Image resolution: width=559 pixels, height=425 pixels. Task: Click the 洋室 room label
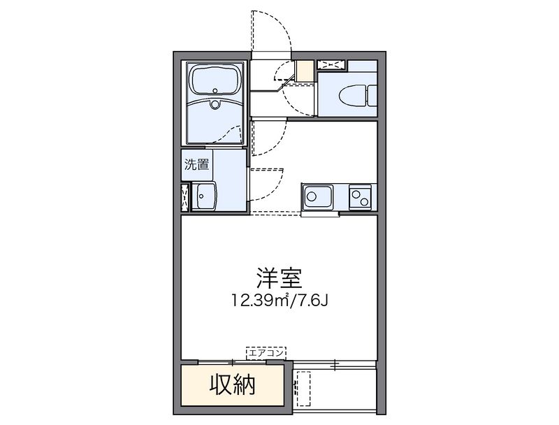pyautogui.click(x=279, y=278)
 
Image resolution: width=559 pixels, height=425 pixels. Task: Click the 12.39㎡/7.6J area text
pyautogui.click(x=280, y=300)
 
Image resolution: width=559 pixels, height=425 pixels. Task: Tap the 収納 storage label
pyautogui.click(x=232, y=385)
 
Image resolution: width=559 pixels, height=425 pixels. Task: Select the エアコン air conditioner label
pyautogui.click(x=266, y=353)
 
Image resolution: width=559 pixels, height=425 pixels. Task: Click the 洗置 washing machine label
pyautogui.click(x=196, y=165)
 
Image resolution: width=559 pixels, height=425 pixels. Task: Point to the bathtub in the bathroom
pyautogui.click(x=215, y=82)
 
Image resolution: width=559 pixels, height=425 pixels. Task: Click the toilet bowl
pyautogui.click(x=352, y=95)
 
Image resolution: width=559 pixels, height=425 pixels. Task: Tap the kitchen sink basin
pyautogui.click(x=317, y=196)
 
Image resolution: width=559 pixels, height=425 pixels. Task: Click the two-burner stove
pyautogui.click(x=360, y=197)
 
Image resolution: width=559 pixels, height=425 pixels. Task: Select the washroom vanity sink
pyautogui.click(x=203, y=196)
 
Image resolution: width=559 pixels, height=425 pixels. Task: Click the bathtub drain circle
pyautogui.click(x=215, y=90)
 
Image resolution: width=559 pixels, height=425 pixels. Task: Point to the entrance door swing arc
pyautogui.click(x=282, y=23)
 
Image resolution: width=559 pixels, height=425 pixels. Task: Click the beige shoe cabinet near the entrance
pyautogui.click(x=305, y=71)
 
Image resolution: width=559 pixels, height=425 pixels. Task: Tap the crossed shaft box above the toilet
pyautogui.click(x=331, y=65)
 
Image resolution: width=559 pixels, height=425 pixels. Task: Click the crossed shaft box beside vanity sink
pyautogui.click(x=185, y=196)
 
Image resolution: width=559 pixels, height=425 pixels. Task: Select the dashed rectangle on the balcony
pyautogui.click(x=303, y=389)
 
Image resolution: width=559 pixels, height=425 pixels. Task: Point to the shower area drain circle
pyautogui.click(x=215, y=104)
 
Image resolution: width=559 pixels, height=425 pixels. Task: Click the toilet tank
pyautogui.click(x=372, y=96)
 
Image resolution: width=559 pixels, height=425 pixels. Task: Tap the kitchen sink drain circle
pyautogui.click(x=312, y=196)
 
